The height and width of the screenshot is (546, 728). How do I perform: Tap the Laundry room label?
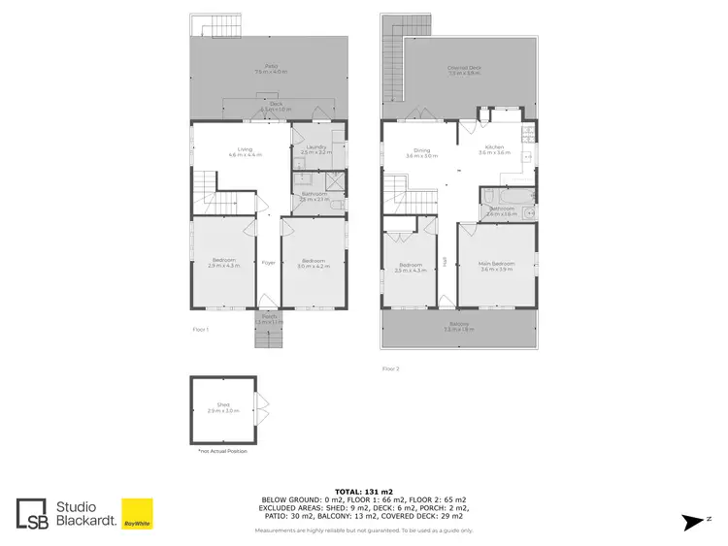click(x=316, y=149)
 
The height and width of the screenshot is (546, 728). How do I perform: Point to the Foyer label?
click(x=267, y=262)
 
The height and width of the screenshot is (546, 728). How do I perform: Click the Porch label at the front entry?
click(x=268, y=318)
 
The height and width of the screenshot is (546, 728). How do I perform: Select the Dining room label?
click(x=421, y=151)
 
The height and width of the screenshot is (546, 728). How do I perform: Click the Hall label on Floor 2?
click(x=445, y=259)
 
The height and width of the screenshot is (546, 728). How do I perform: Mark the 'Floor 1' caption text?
click(x=201, y=330)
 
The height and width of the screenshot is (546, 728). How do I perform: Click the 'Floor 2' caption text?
click(x=390, y=369)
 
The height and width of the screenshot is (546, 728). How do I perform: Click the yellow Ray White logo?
click(x=136, y=514)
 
